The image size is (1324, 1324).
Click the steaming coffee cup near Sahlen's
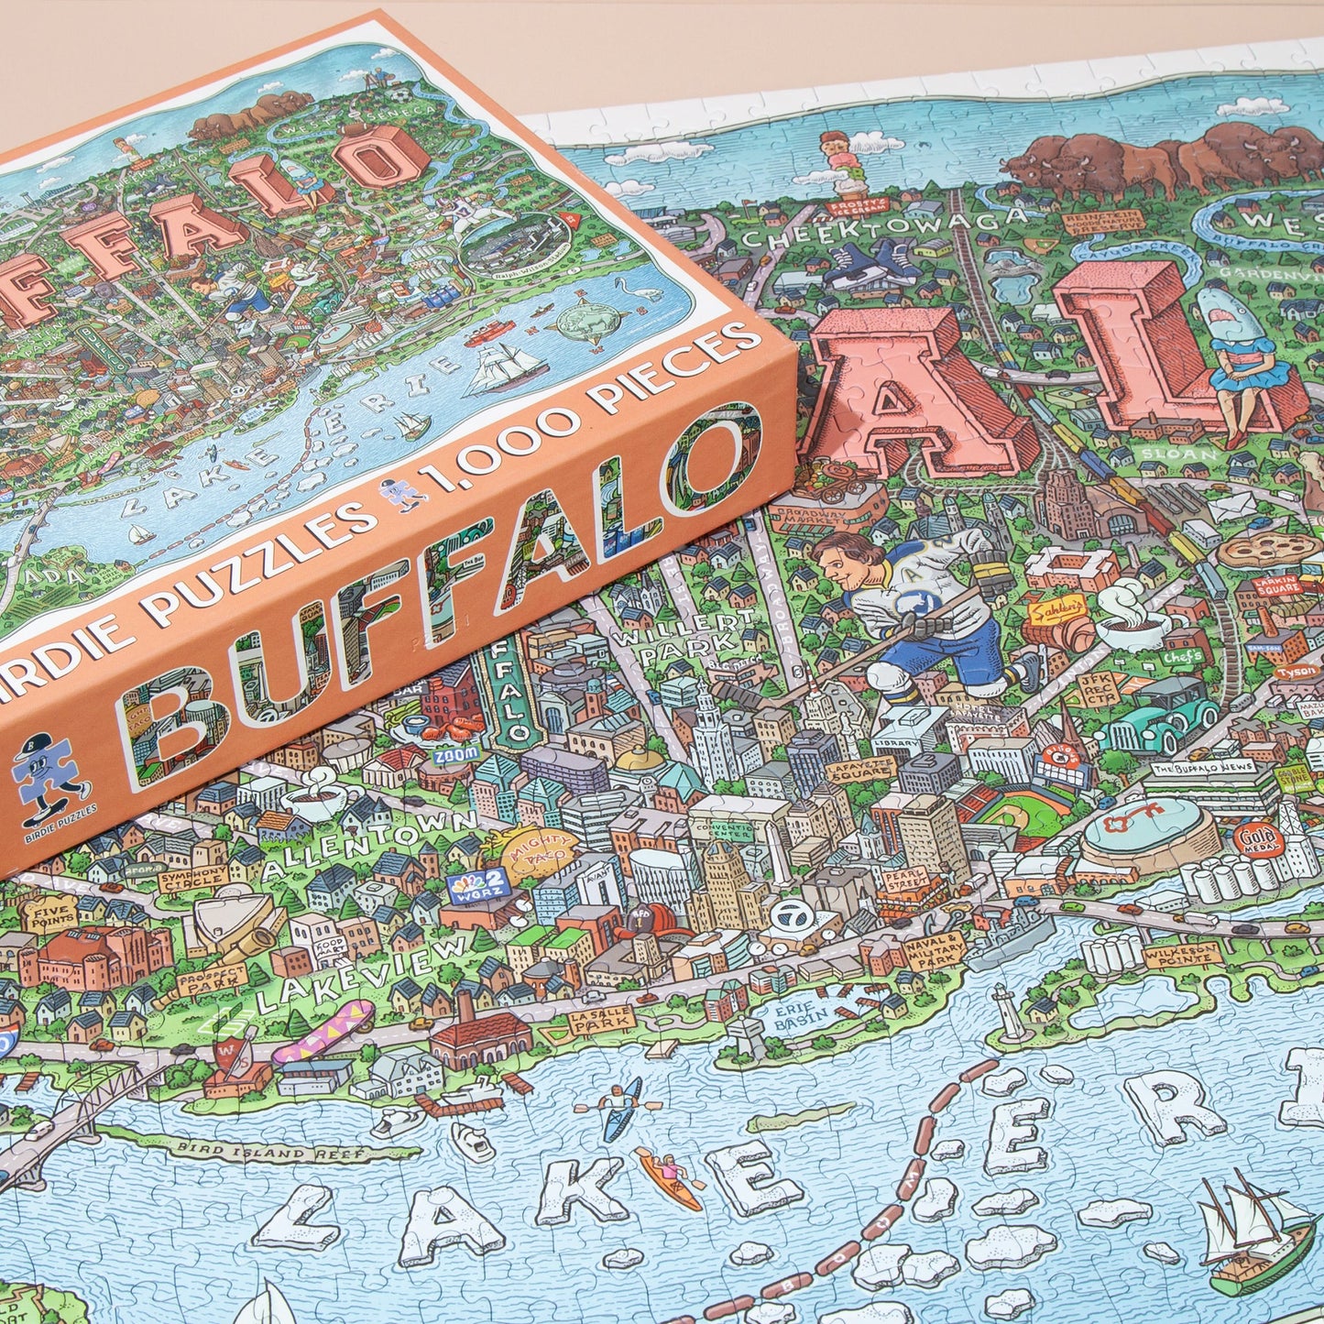pos(1132,618)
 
